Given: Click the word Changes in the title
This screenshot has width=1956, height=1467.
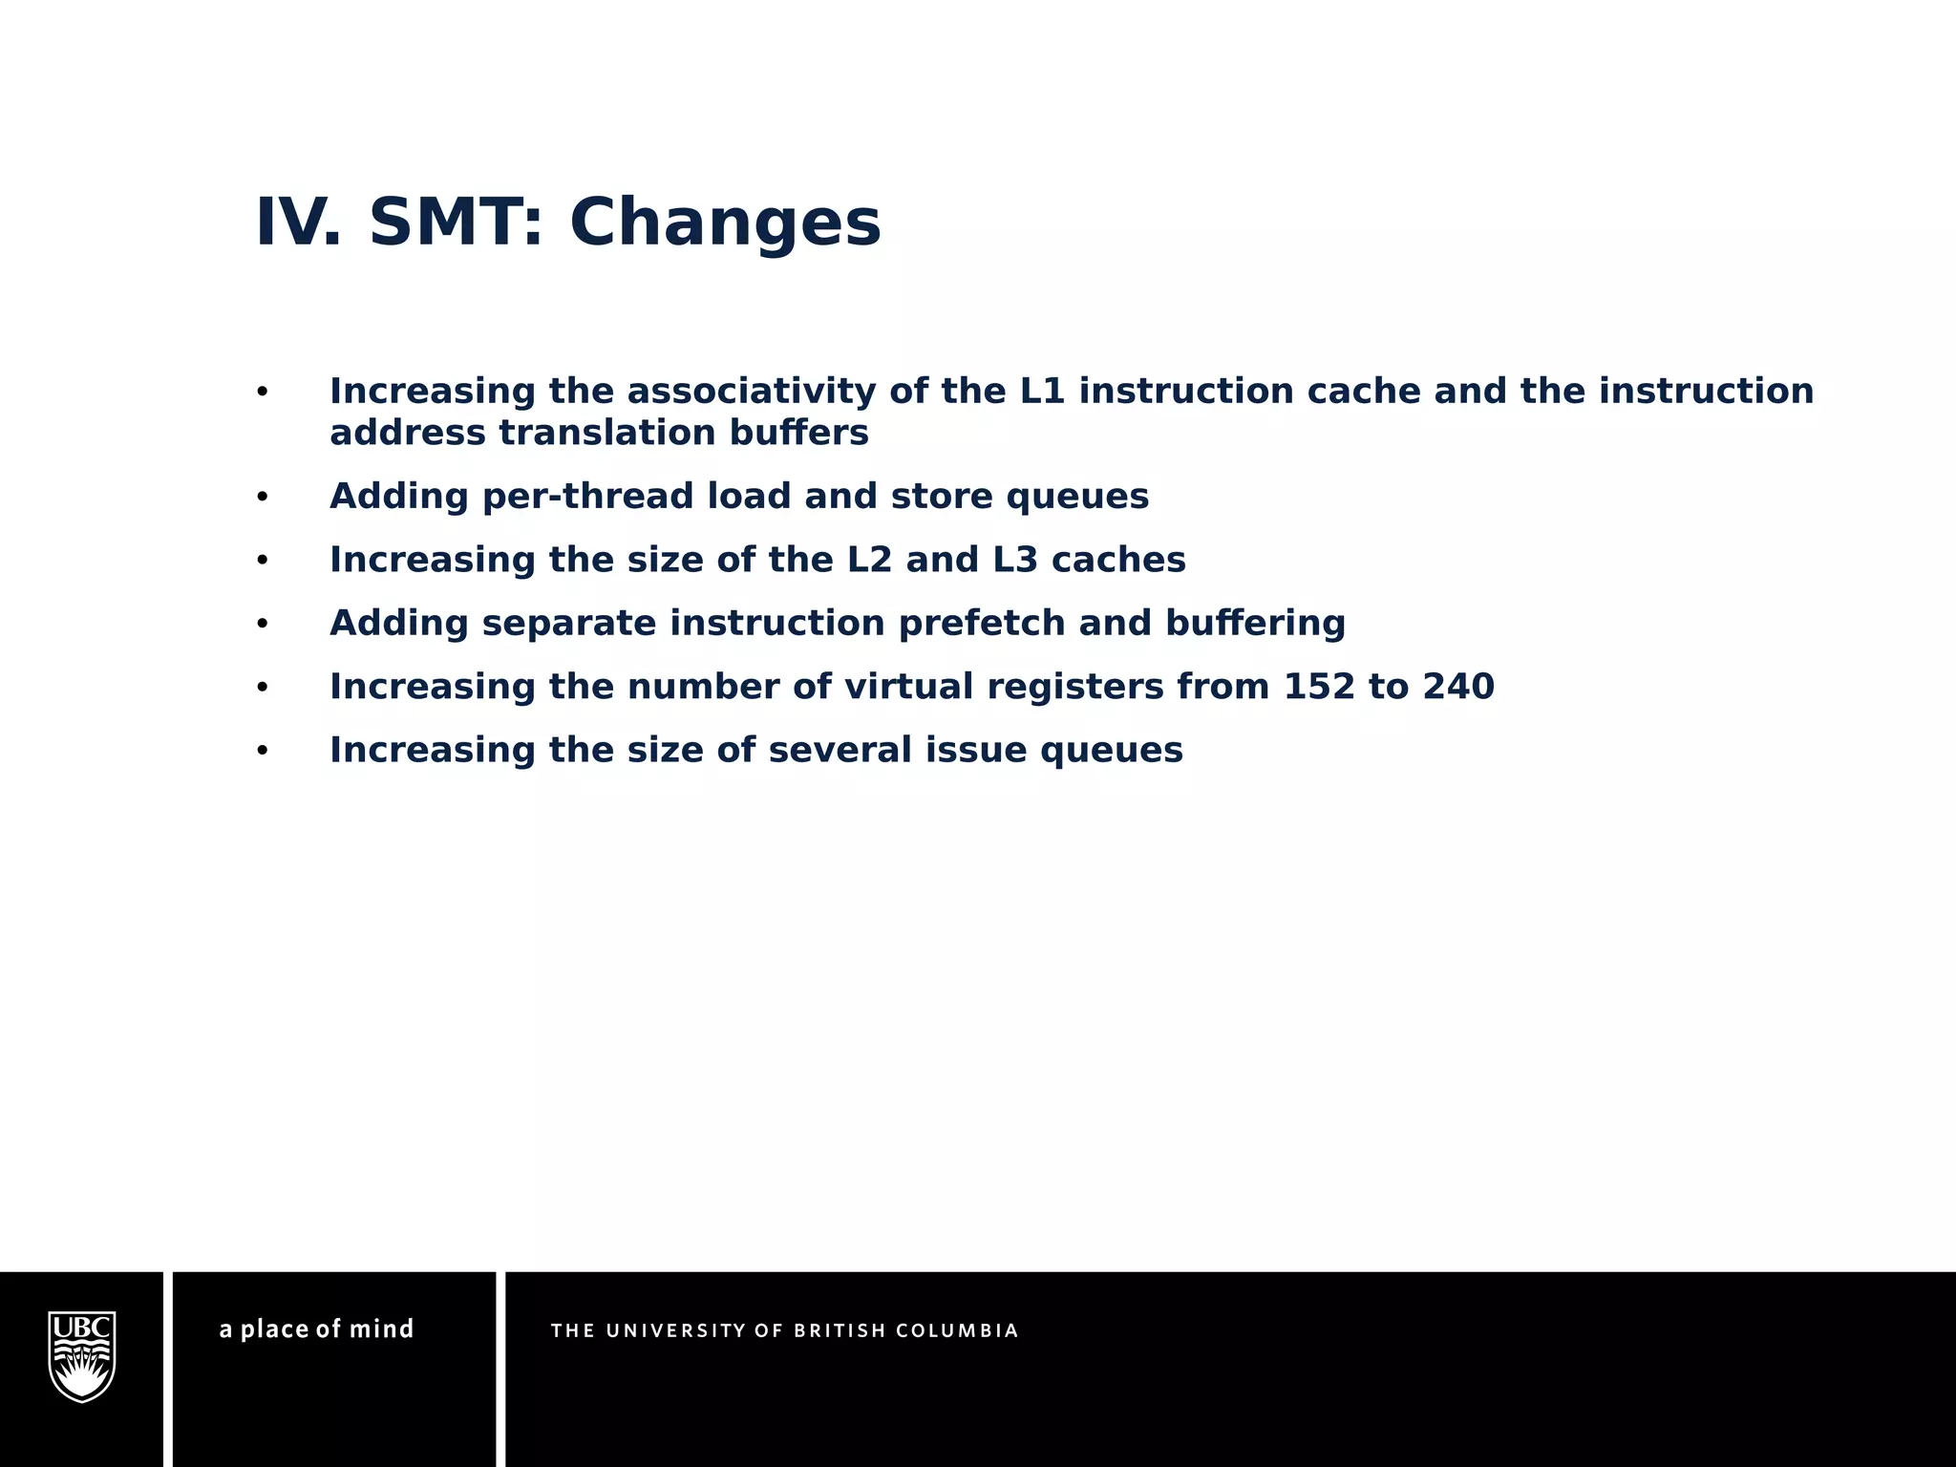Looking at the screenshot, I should [x=725, y=223].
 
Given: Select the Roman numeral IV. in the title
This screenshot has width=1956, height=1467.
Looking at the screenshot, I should [x=297, y=223].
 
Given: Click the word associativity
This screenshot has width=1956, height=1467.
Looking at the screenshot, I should [x=751, y=392].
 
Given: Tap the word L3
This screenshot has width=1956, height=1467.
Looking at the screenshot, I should [x=1015, y=560].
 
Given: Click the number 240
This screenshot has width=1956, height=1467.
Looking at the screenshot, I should [x=1458, y=687].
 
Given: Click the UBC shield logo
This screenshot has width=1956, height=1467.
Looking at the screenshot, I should [x=82, y=1356].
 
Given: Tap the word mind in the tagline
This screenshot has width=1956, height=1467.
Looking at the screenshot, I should [x=381, y=1329].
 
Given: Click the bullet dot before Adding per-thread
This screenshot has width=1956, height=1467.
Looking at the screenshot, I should [x=263, y=498].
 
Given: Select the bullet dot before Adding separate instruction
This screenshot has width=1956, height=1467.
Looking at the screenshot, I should [x=263, y=625].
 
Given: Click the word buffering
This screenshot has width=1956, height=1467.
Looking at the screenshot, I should [x=1255, y=624].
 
